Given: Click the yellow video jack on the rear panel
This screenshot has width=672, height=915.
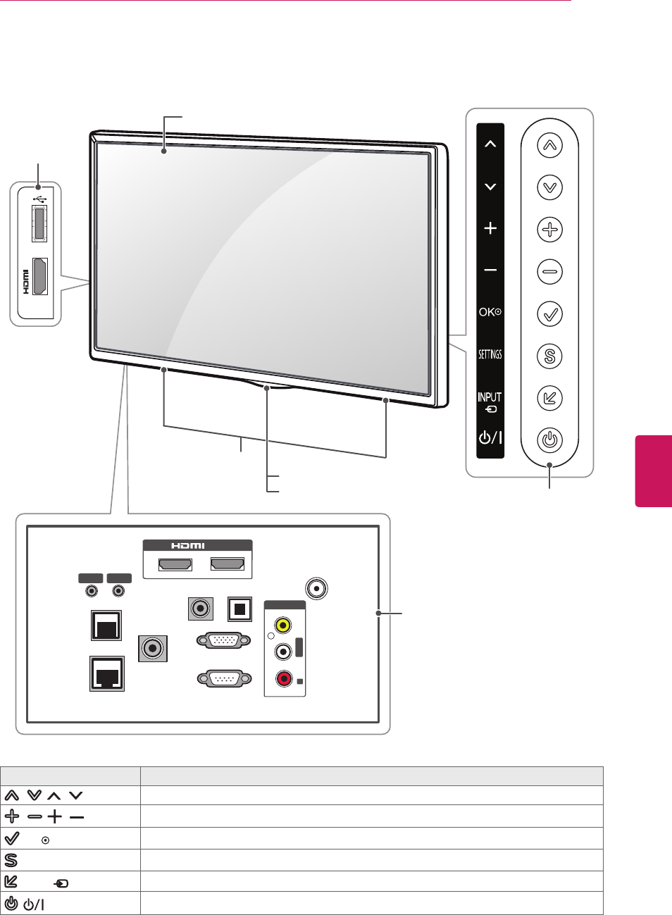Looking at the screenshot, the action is pyautogui.click(x=283, y=625).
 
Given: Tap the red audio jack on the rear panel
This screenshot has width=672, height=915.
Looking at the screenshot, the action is pyautogui.click(x=283, y=679).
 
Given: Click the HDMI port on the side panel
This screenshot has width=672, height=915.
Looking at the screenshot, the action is pyautogui.click(x=40, y=275).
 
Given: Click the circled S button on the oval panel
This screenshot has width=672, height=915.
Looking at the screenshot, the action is pyautogui.click(x=549, y=356).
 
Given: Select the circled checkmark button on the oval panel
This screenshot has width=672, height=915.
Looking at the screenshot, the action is pyautogui.click(x=549, y=313).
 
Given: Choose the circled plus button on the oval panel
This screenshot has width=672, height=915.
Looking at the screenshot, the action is pyautogui.click(x=549, y=230).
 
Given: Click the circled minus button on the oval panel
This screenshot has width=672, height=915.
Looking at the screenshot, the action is pyautogui.click(x=549, y=271).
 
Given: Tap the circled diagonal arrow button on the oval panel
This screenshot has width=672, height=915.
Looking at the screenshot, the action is pyautogui.click(x=549, y=398).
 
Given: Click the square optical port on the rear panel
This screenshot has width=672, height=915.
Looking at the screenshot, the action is pyautogui.click(x=239, y=609).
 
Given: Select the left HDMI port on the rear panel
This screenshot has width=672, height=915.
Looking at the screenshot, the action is pyautogui.click(x=175, y=564).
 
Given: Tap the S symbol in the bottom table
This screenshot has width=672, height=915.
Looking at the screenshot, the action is pyautogui.click(x=11, y=860).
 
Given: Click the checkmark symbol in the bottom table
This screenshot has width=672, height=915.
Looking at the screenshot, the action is pyautogui.click(x=12, y=838).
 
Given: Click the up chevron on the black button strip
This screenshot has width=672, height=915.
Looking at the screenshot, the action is pyautogui.click(x=490, y=144).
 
